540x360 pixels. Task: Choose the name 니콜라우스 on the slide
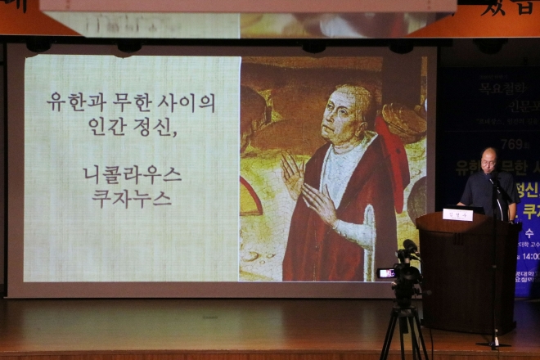132,173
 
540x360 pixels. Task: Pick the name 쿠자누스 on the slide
132,198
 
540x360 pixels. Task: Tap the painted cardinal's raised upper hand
292,173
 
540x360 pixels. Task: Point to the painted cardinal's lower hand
321,204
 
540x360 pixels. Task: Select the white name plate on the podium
457,214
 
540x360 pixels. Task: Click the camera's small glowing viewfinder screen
385,272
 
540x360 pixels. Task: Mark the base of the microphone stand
493,342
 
